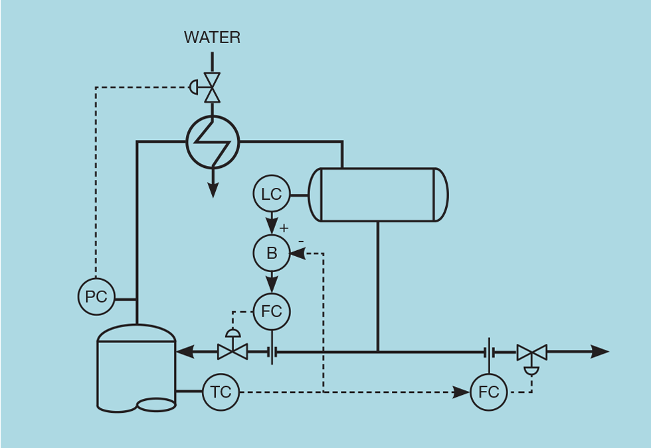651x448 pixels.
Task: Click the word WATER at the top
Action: click(x=212, y=38)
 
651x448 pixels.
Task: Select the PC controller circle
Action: click(x=96, y=297)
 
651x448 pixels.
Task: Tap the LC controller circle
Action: click(x=272, y=194)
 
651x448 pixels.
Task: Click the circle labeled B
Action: click(x=272, y=253)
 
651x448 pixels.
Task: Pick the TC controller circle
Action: click(x=221, y=392)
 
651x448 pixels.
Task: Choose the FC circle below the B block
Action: click(x=272, y=311)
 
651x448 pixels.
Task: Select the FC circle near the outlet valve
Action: click(x=489, y=392)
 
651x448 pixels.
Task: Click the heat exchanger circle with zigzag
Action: click(x=213, y=142)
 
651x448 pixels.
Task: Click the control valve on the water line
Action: click(x=212, y=87)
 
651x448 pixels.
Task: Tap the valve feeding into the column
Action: click(x=232, y=351)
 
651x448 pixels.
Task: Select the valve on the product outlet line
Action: click(x=531, y=352)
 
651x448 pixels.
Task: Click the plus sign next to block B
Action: click(x=284, y=228)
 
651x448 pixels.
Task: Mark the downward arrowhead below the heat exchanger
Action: click(x=213, y=190)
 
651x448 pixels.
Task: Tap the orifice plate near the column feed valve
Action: click(x=272, y=351)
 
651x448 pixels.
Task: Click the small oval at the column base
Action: click(x=157, y=404)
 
